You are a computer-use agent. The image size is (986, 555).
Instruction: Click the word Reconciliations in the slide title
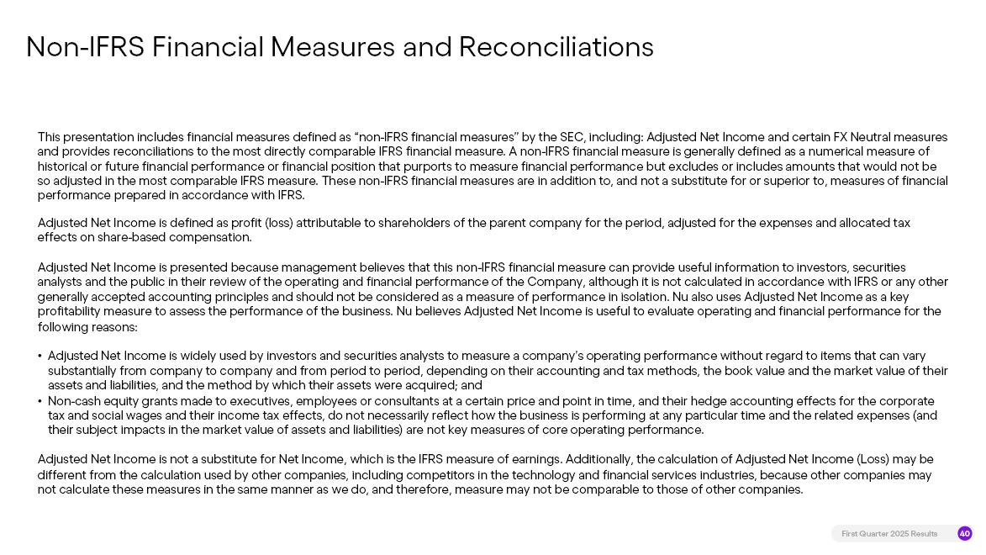pos(556,47)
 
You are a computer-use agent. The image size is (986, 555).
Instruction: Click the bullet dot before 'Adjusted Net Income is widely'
pos(40,357)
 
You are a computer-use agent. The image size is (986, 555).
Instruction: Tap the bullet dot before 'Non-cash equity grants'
pos(40,402)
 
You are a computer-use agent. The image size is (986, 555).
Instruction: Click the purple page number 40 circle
pos(965,534)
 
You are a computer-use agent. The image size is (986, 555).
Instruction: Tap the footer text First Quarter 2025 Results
pos(889,534)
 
